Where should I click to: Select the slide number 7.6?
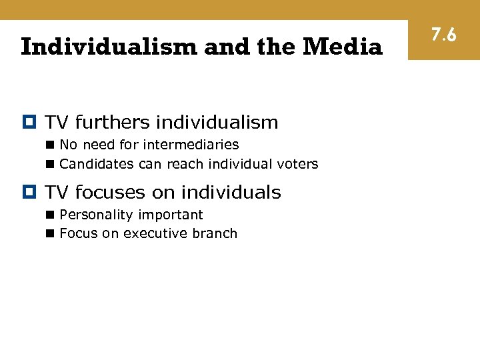(x=443, y=34)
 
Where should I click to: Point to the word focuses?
(x=111, y=193)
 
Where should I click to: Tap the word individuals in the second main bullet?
(x=231, y=193)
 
